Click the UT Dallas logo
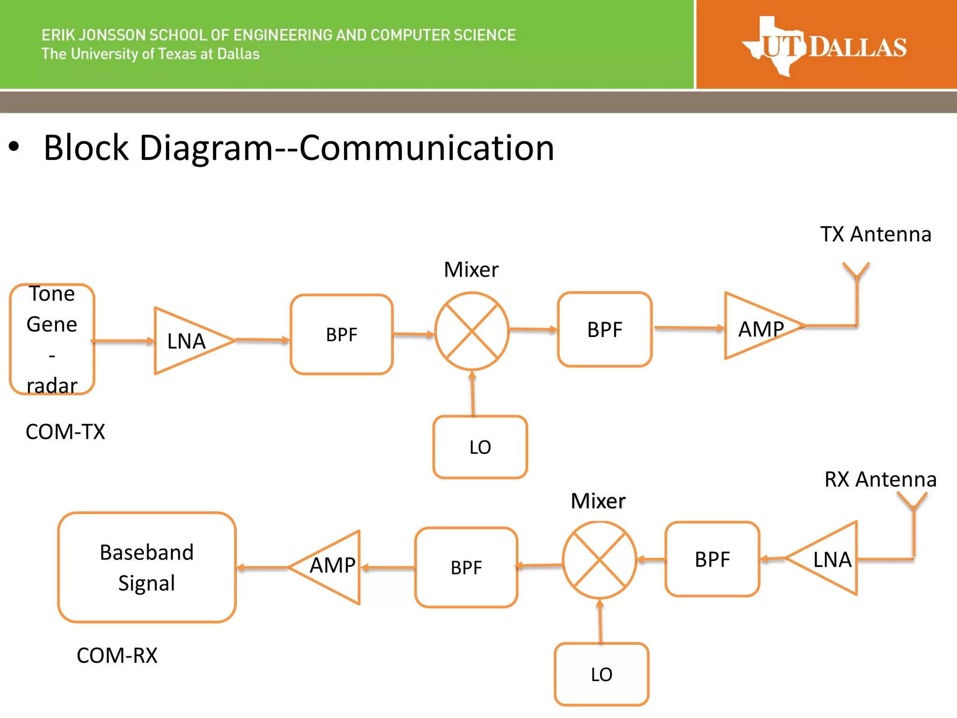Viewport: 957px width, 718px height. [824, 46]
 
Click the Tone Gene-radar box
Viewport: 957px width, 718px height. [52, 339]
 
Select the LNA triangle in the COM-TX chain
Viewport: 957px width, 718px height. [187, 341]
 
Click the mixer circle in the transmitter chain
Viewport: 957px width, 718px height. [472, 331]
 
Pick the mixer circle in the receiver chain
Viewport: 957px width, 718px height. [600, 560]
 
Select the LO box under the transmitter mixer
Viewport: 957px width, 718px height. [480, 447]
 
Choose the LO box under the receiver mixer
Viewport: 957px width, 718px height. [601, 674]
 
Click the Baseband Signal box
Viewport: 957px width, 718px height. [147, 567]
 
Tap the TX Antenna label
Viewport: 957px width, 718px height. [876, 234]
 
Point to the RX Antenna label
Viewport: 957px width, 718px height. [880, 480]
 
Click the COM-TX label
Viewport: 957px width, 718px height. [65, 431]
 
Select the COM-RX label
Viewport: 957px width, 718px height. [117, 655]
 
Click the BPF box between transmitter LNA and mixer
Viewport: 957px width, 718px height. [342, 335]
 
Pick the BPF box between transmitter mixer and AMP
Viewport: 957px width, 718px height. [605, 330]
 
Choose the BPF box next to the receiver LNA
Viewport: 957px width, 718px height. [712, 560]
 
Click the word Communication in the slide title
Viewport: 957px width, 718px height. [427, 148]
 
